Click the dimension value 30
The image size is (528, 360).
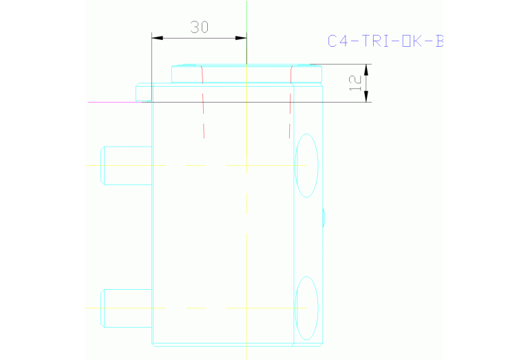200,27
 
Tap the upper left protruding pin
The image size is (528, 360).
127,166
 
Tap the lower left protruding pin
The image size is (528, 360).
127,308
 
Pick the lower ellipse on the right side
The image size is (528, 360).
306,308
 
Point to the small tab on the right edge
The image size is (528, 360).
323,218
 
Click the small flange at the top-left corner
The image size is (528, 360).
143,92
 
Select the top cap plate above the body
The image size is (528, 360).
246,74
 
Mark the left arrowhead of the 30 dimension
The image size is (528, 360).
156,37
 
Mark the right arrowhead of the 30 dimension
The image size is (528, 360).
242,37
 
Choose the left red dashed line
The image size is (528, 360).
202,103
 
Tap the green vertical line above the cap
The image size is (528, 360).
246,31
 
